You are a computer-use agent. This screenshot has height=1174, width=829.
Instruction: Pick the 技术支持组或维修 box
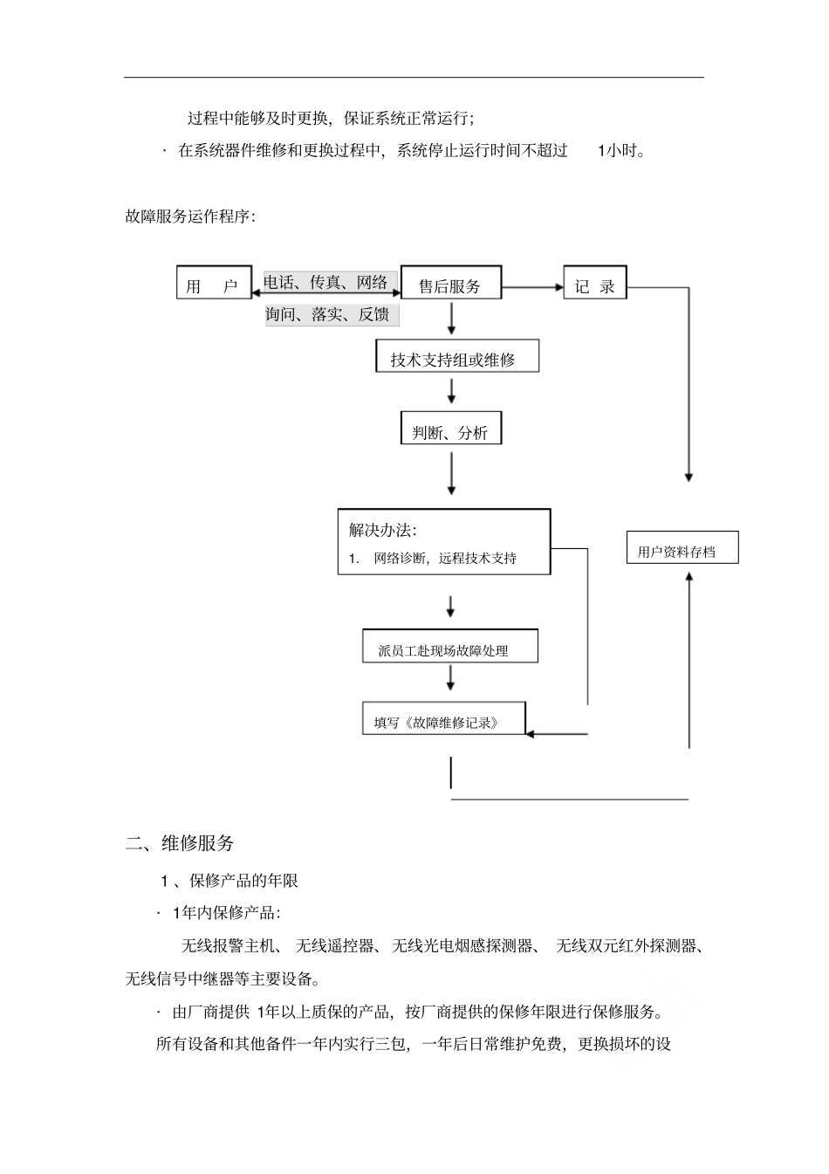457,358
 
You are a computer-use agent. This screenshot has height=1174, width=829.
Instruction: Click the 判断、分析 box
450,430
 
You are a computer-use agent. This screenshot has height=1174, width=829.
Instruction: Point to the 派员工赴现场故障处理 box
449,648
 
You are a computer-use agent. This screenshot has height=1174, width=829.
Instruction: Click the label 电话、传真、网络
327,282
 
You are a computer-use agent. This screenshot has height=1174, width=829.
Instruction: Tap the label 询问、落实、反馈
329,313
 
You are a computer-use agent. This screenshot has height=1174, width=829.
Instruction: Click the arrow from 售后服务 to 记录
532,285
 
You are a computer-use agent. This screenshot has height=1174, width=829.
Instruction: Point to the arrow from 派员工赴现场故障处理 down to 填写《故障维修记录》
451,678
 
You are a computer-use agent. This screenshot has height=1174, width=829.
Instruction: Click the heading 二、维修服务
180,843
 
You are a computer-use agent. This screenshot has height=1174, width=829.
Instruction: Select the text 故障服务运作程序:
190,216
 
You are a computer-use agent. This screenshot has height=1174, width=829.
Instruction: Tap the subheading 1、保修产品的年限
230,880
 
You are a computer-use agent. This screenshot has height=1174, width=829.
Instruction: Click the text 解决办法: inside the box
382,529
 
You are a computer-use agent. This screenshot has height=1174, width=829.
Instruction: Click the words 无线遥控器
335,946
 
